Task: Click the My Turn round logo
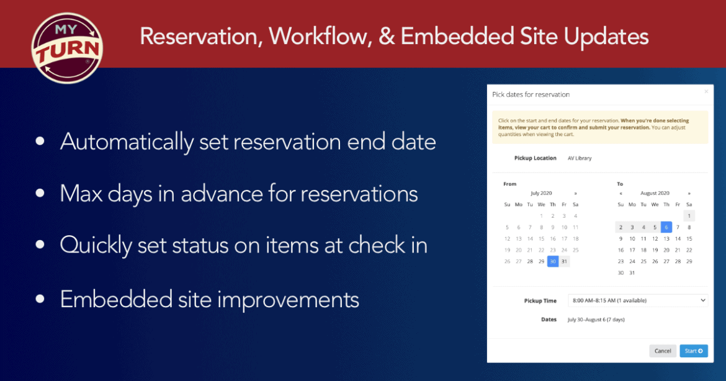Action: tap(67, 48)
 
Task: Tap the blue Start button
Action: tap(694, 351)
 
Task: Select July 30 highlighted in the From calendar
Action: tap(552, 262)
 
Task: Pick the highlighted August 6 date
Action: tap(666, 227)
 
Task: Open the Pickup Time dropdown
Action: tap(637, 300)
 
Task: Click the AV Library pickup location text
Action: tap(580, 158)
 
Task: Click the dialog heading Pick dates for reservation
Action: tap(531, 94)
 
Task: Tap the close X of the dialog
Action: tap(706, 92)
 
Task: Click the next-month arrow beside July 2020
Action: tap(575, 194)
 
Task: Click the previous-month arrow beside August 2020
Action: tap(621, 194)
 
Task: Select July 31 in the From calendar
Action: tap(564, 262)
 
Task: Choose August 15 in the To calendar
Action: tap(689, 239)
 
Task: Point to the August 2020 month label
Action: tap(655, 193)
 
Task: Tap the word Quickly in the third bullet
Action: tap(96, 245)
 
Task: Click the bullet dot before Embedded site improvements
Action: tap(40, 299)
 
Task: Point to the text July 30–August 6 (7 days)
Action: tap(596, 320)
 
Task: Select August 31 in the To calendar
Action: tap(632, 273)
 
